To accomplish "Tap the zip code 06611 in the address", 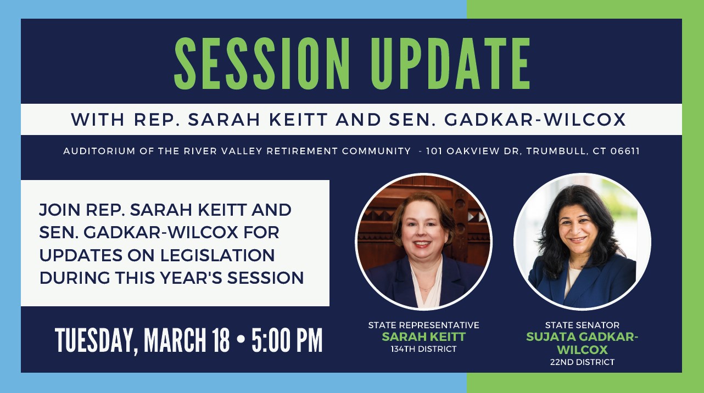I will click(624, 151).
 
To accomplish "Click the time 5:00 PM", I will click(287, 340).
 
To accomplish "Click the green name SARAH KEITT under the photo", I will click(423, 337).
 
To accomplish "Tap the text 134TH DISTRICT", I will click(423, 349).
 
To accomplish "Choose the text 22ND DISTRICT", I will click(582, 362).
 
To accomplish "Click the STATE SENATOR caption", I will click(582, 325).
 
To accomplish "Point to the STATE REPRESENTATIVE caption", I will click(423, 325).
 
